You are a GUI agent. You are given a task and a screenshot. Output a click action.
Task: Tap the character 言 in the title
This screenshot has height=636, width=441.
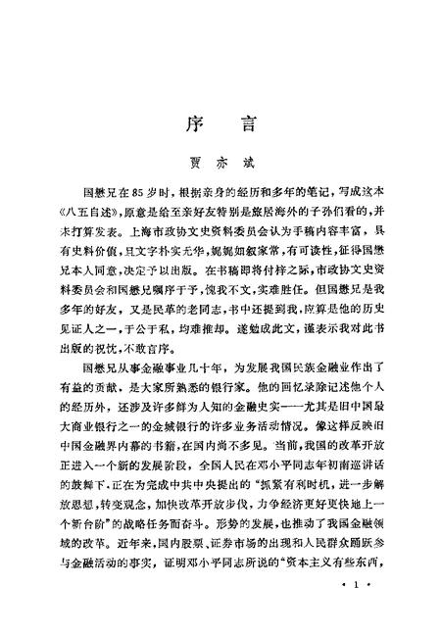click(244, 124)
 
